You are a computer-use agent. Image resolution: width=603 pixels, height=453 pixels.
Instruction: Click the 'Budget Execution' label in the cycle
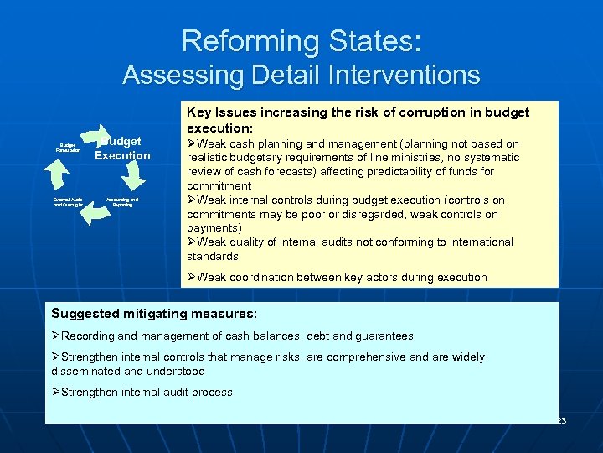point(122,148)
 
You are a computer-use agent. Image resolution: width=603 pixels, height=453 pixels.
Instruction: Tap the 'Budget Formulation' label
point(68,148)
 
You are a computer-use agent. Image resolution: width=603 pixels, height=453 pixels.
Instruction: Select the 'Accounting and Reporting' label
point(122,202)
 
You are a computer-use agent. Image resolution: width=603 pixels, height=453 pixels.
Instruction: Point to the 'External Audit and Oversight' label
point(68,202)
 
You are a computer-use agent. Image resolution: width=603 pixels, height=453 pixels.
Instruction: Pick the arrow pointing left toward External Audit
point(95,213)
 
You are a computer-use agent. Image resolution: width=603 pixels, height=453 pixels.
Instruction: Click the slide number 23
point(560,419)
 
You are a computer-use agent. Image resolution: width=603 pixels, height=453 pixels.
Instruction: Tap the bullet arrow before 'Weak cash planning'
point(192,144)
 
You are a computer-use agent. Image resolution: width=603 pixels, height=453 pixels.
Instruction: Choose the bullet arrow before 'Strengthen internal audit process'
point(56,393)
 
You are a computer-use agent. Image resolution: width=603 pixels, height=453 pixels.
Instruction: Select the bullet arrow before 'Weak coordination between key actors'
point(192,278)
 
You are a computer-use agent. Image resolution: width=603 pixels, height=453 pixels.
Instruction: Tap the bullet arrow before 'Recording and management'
point(56,336)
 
